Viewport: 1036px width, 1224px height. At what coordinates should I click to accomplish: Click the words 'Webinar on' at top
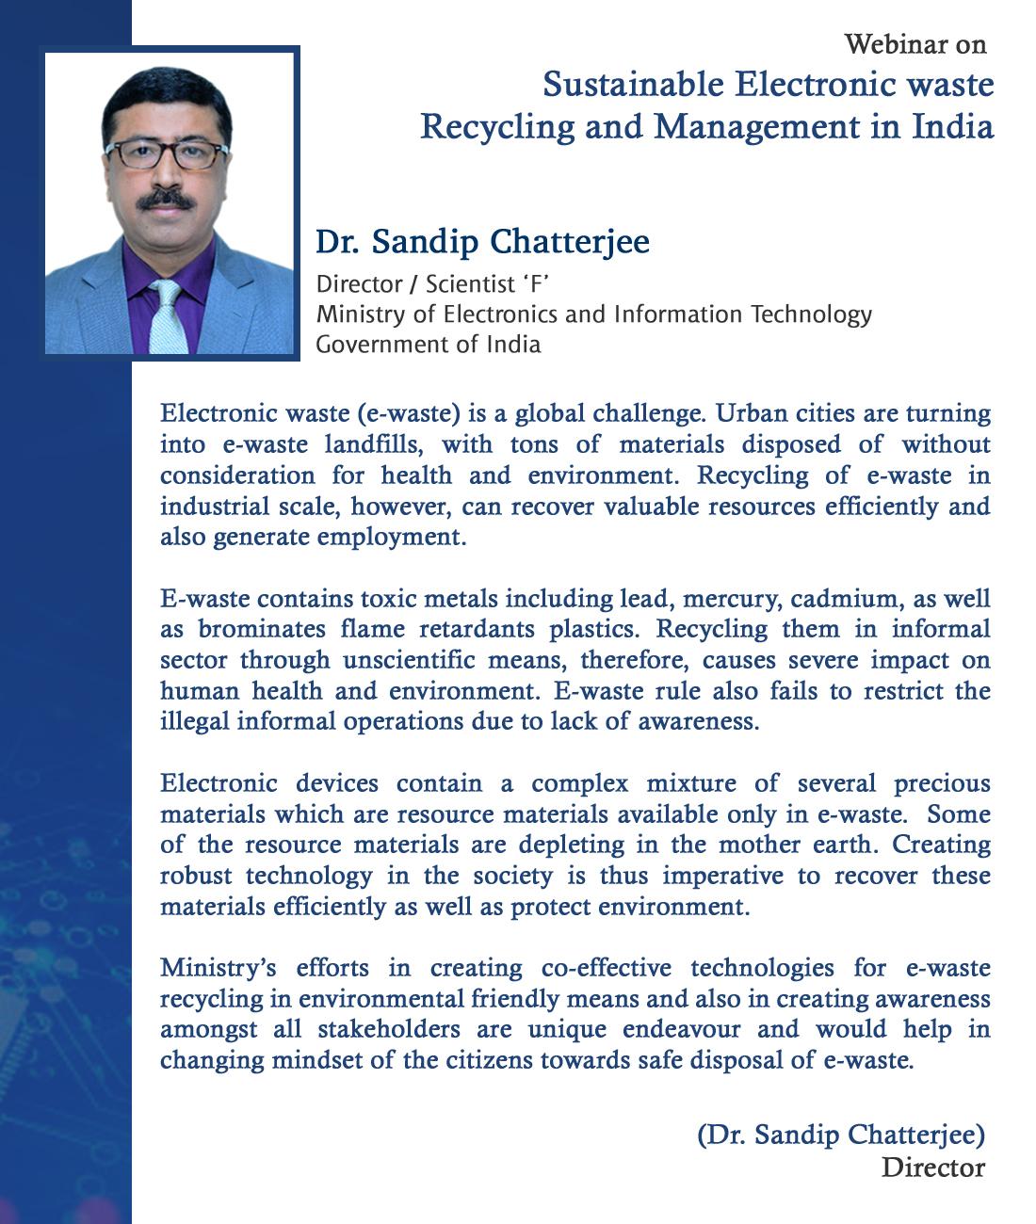coord(915,44)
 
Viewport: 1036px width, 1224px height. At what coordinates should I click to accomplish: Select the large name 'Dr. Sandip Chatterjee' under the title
coord(482,243)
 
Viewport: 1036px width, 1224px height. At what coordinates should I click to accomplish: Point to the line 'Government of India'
coord(429,345)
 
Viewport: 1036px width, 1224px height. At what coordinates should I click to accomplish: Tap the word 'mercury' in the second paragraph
coord(730,599)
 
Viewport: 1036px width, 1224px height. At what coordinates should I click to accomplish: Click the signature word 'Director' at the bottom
coord(932,1168)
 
